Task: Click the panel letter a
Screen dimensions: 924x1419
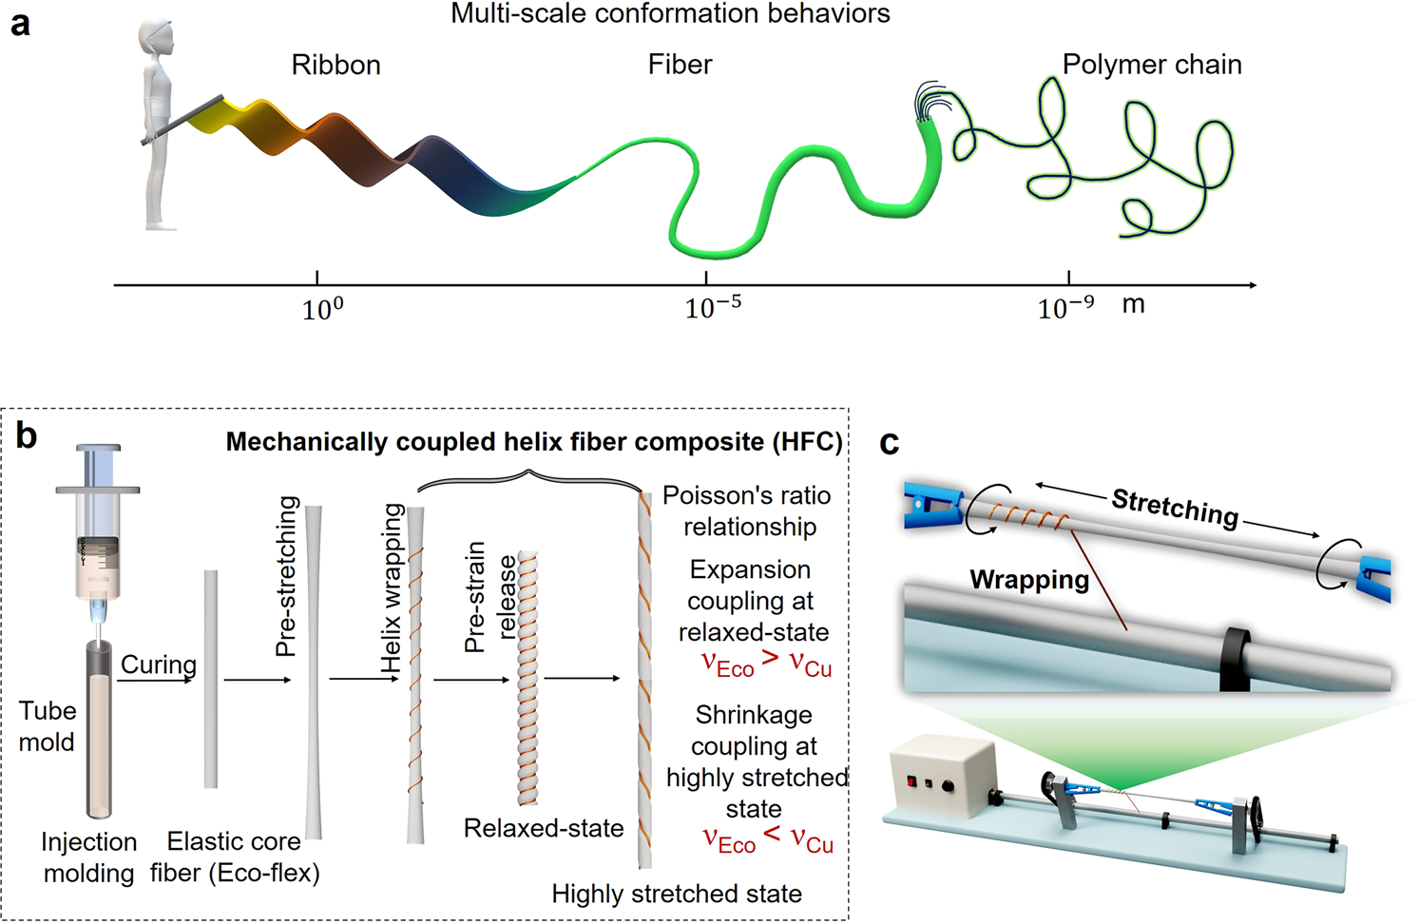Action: coord(20,23)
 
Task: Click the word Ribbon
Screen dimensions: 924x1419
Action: coord(336,65)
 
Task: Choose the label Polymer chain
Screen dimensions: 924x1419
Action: coord(1152,65)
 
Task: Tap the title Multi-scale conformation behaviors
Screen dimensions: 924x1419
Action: coord(670,13)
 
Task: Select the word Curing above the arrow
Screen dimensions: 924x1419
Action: coord(159,664)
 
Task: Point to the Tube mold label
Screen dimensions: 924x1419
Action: coord(48,726)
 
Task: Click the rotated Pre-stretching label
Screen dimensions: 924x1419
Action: coord(287,576)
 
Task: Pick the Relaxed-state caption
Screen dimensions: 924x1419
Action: coord(544,828)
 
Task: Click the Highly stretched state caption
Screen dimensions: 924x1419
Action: coord(677,894)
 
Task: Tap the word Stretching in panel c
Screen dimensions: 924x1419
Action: coord(1176,508)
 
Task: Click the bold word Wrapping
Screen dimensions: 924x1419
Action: coord(1029,580)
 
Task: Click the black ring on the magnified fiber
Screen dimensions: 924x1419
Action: coord(1235,658)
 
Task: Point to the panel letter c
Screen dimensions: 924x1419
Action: coord(890,443)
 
